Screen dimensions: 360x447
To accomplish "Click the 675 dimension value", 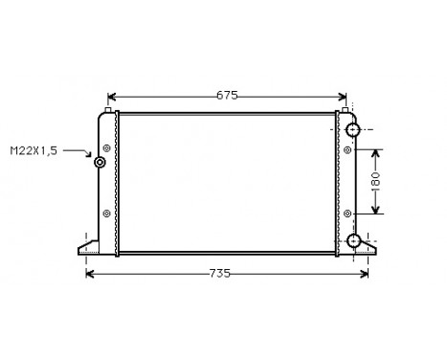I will tap(226, 96).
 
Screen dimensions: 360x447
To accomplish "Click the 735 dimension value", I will tap(220, 274).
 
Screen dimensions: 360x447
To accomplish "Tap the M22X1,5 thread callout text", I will tap(34, 150).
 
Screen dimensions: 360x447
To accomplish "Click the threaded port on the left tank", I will tap(100, 162).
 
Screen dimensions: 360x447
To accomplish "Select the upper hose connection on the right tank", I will tap(353, 129).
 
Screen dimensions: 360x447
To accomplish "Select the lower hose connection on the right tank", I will tap(353, 241).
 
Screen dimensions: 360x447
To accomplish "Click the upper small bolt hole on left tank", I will tap(106, 148).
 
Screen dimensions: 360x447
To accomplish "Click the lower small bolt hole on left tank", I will tap(106, 213).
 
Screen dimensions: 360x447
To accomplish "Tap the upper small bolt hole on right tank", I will tap(346, 148).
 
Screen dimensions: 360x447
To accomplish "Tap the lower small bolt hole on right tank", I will tap(346, 213).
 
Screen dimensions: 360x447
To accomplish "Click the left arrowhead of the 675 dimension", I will tap(111, 96).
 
